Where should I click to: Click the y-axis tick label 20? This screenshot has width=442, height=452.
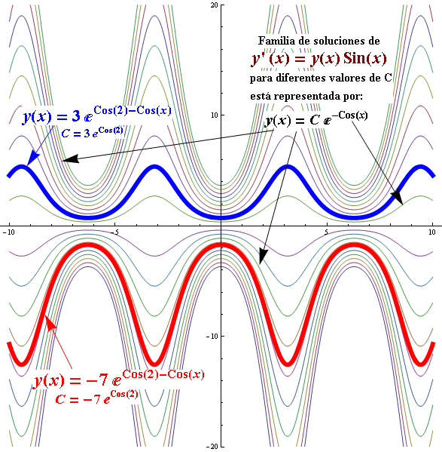[215, 5]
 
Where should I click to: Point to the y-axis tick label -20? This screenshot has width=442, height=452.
[213, 446]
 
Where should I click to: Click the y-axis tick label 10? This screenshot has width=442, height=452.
[214, 115]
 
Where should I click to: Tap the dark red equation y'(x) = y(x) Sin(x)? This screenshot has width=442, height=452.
[319, 59]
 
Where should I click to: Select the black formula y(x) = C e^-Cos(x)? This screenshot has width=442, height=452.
[316, 118]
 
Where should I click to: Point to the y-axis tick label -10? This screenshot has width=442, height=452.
[212, 336]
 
